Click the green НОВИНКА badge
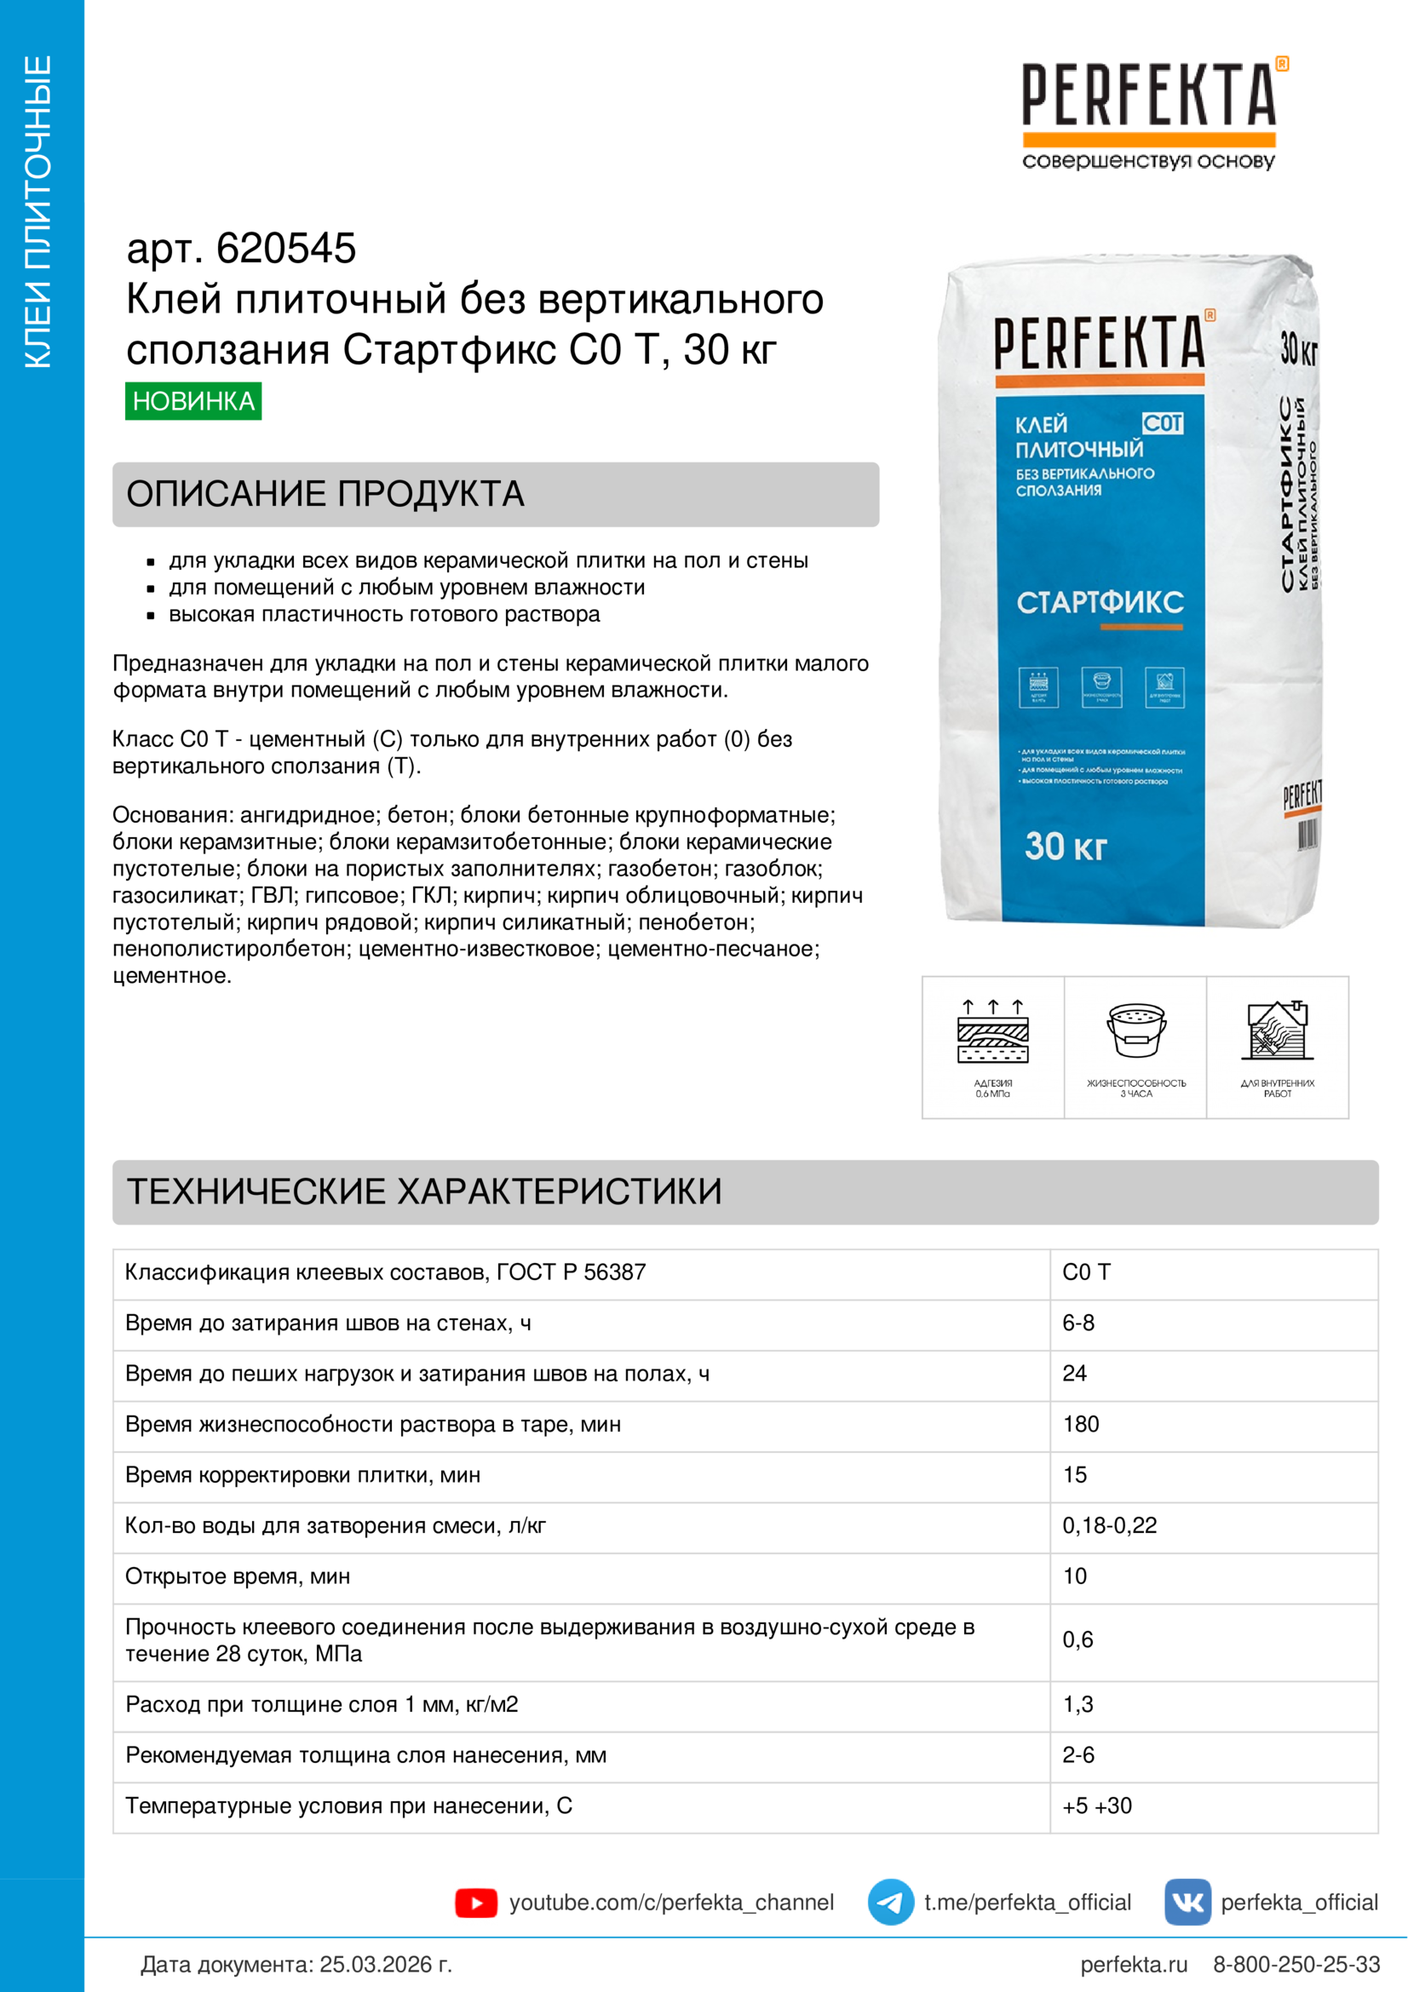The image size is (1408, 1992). [x=193, y=401]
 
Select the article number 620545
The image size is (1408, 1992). [x=285, y=248]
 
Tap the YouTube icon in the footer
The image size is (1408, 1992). [x=475, y=1903]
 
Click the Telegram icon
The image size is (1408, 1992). [x=890, y=1902]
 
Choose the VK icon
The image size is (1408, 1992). [x=1187, y=1902]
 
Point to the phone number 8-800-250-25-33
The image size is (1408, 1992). [x=1296, y=1964]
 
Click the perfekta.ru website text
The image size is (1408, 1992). [x=1133, y=1964]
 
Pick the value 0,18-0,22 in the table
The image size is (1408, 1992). [x=1109, y=1525]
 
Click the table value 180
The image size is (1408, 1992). [x=1080, y=1424]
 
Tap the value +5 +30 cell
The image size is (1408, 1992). [x=1096, y=1805]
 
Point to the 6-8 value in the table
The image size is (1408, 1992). [x=1078, y=1323]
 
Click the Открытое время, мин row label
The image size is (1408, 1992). [x=237, y=1576]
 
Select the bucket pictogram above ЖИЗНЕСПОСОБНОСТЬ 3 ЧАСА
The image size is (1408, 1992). [x=1135, y=1030]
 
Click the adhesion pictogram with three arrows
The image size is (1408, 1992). [x=992, y=1031]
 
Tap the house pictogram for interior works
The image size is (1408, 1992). [x=1277, y=1030]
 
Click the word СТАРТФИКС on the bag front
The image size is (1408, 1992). [x=1099, y=602]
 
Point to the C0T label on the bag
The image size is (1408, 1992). [x=1162, y=422]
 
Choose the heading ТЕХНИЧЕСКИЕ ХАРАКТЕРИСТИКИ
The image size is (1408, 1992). [x=423, y=1191]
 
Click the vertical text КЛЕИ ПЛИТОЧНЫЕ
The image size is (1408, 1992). [x=38, y=212]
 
